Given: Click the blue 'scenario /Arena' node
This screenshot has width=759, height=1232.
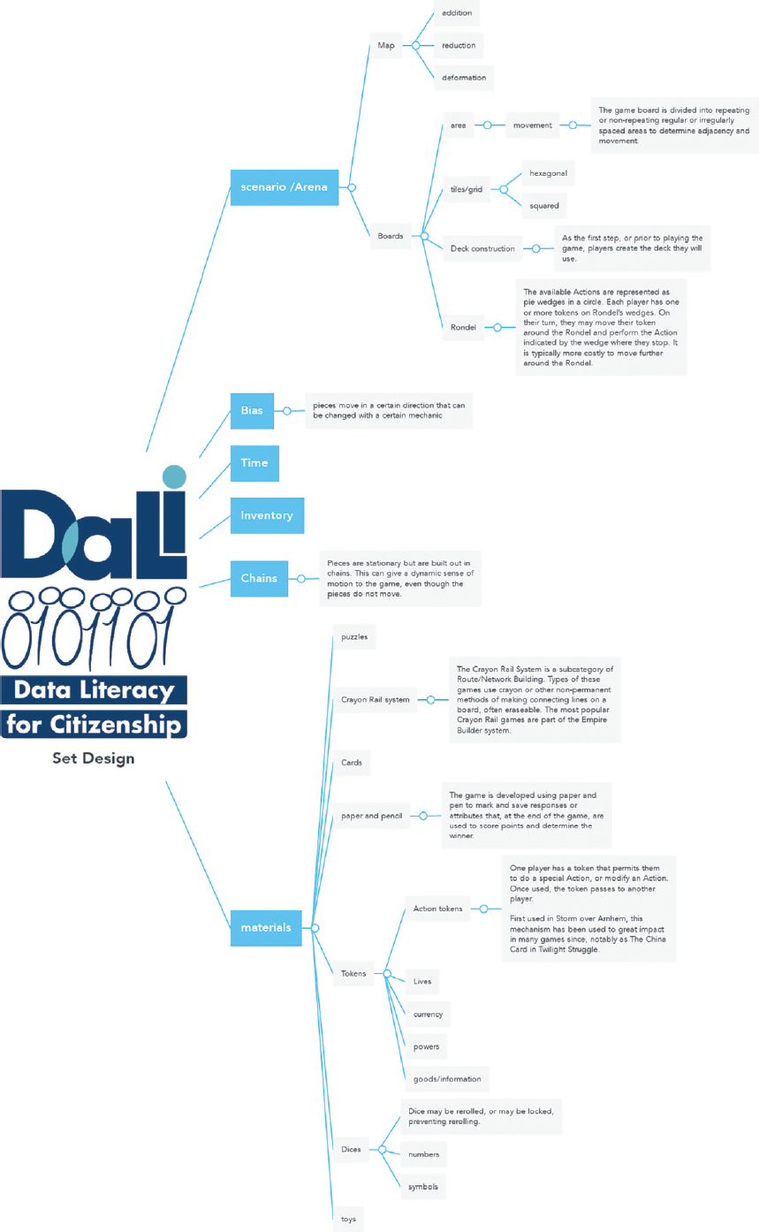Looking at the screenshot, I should click(x=284, y=187).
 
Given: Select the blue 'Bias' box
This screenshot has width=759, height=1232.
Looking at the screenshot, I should click(x=252, y=410).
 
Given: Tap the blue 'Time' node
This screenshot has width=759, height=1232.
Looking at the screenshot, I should click(x=254, y=463).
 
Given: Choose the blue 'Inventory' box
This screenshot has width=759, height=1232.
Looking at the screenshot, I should click(x=266, y=515).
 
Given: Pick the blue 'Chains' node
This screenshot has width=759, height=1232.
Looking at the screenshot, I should click(x=258, y=578).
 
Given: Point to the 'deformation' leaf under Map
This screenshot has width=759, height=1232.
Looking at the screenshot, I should click(x=464, y=77).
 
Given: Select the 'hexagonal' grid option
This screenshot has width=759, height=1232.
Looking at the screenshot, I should click(x=548, y=172).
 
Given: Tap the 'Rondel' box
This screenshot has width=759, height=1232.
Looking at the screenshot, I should click(x=463, y=327).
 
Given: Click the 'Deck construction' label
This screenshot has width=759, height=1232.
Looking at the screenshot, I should click(x=482, y=248).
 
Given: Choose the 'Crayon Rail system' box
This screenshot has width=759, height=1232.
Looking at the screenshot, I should click(x=375, y=700).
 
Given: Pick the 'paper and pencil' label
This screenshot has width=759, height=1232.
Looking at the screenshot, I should click(x=371, y=816).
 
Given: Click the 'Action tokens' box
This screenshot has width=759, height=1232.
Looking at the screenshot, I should click(x=437, y=908).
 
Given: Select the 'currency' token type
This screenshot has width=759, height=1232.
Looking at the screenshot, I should click(x=428, y=1014).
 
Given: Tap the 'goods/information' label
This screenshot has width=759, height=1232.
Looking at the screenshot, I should click(x=447, y=1078).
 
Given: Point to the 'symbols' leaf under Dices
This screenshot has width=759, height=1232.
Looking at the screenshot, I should click(x=423, y=1185).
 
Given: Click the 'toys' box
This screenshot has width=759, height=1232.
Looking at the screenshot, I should click(x=348, y=1219).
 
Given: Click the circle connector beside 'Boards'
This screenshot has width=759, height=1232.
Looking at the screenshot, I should click(x=425, y=236).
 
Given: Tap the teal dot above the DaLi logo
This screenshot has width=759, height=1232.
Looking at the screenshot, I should click(x=174, y=476).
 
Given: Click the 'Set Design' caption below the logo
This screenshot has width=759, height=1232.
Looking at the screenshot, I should click(x=93, y=758).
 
